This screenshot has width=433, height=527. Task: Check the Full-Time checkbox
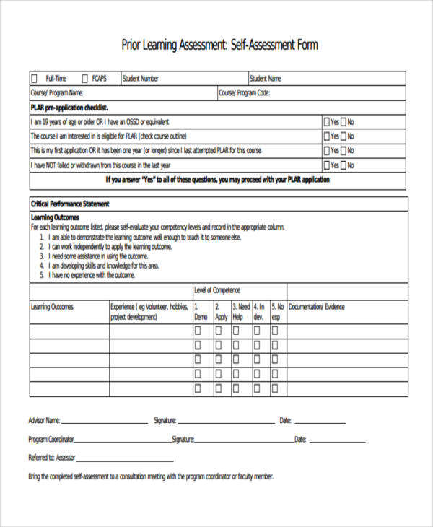click(x=34, y=78)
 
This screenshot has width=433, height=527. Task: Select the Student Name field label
click(x=266, y=79)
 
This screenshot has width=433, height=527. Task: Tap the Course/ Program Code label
click(x=244, y=93)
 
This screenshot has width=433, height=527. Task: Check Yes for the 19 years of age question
click(x=327, y=122)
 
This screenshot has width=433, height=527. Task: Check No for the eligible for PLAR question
click(x=343, y=136)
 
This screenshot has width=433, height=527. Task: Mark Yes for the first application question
click(x=327, y=151)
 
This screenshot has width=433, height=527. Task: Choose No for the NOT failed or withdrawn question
click(x=343, y=165)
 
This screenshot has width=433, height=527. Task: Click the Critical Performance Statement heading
click(x=69, y=204)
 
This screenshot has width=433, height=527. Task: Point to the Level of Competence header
click(x=217, y=290)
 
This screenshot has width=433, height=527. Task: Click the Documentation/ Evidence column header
click(x=317, y=307)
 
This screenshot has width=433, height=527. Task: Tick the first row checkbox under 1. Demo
click(x=198, y=331)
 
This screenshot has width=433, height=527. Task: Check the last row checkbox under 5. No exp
click(x=275, y=388)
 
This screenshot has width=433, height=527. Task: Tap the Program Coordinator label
click(x=51, y=439)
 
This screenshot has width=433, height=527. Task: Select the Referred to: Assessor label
click(x=51, y=458)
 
